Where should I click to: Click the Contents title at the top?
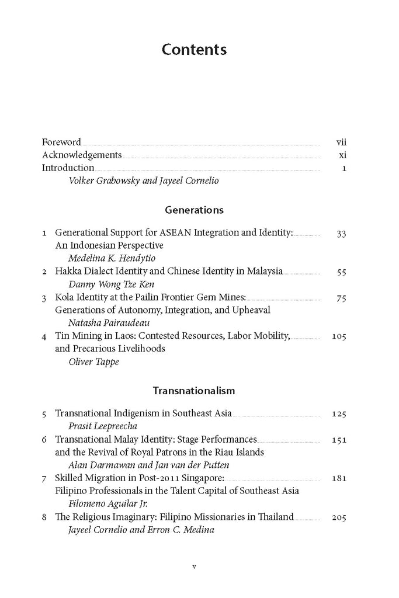(194, 50)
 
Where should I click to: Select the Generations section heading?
(194, 210)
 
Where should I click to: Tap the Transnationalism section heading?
(194, 390)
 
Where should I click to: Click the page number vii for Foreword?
(342, 142)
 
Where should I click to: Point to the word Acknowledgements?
(82, 155)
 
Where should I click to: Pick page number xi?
(343, 155)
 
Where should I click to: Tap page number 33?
(342, 233)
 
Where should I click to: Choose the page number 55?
(342, 272)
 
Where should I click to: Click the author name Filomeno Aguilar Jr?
(111, 503)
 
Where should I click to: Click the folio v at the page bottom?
(194, 566)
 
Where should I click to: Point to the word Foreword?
(61, 142)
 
